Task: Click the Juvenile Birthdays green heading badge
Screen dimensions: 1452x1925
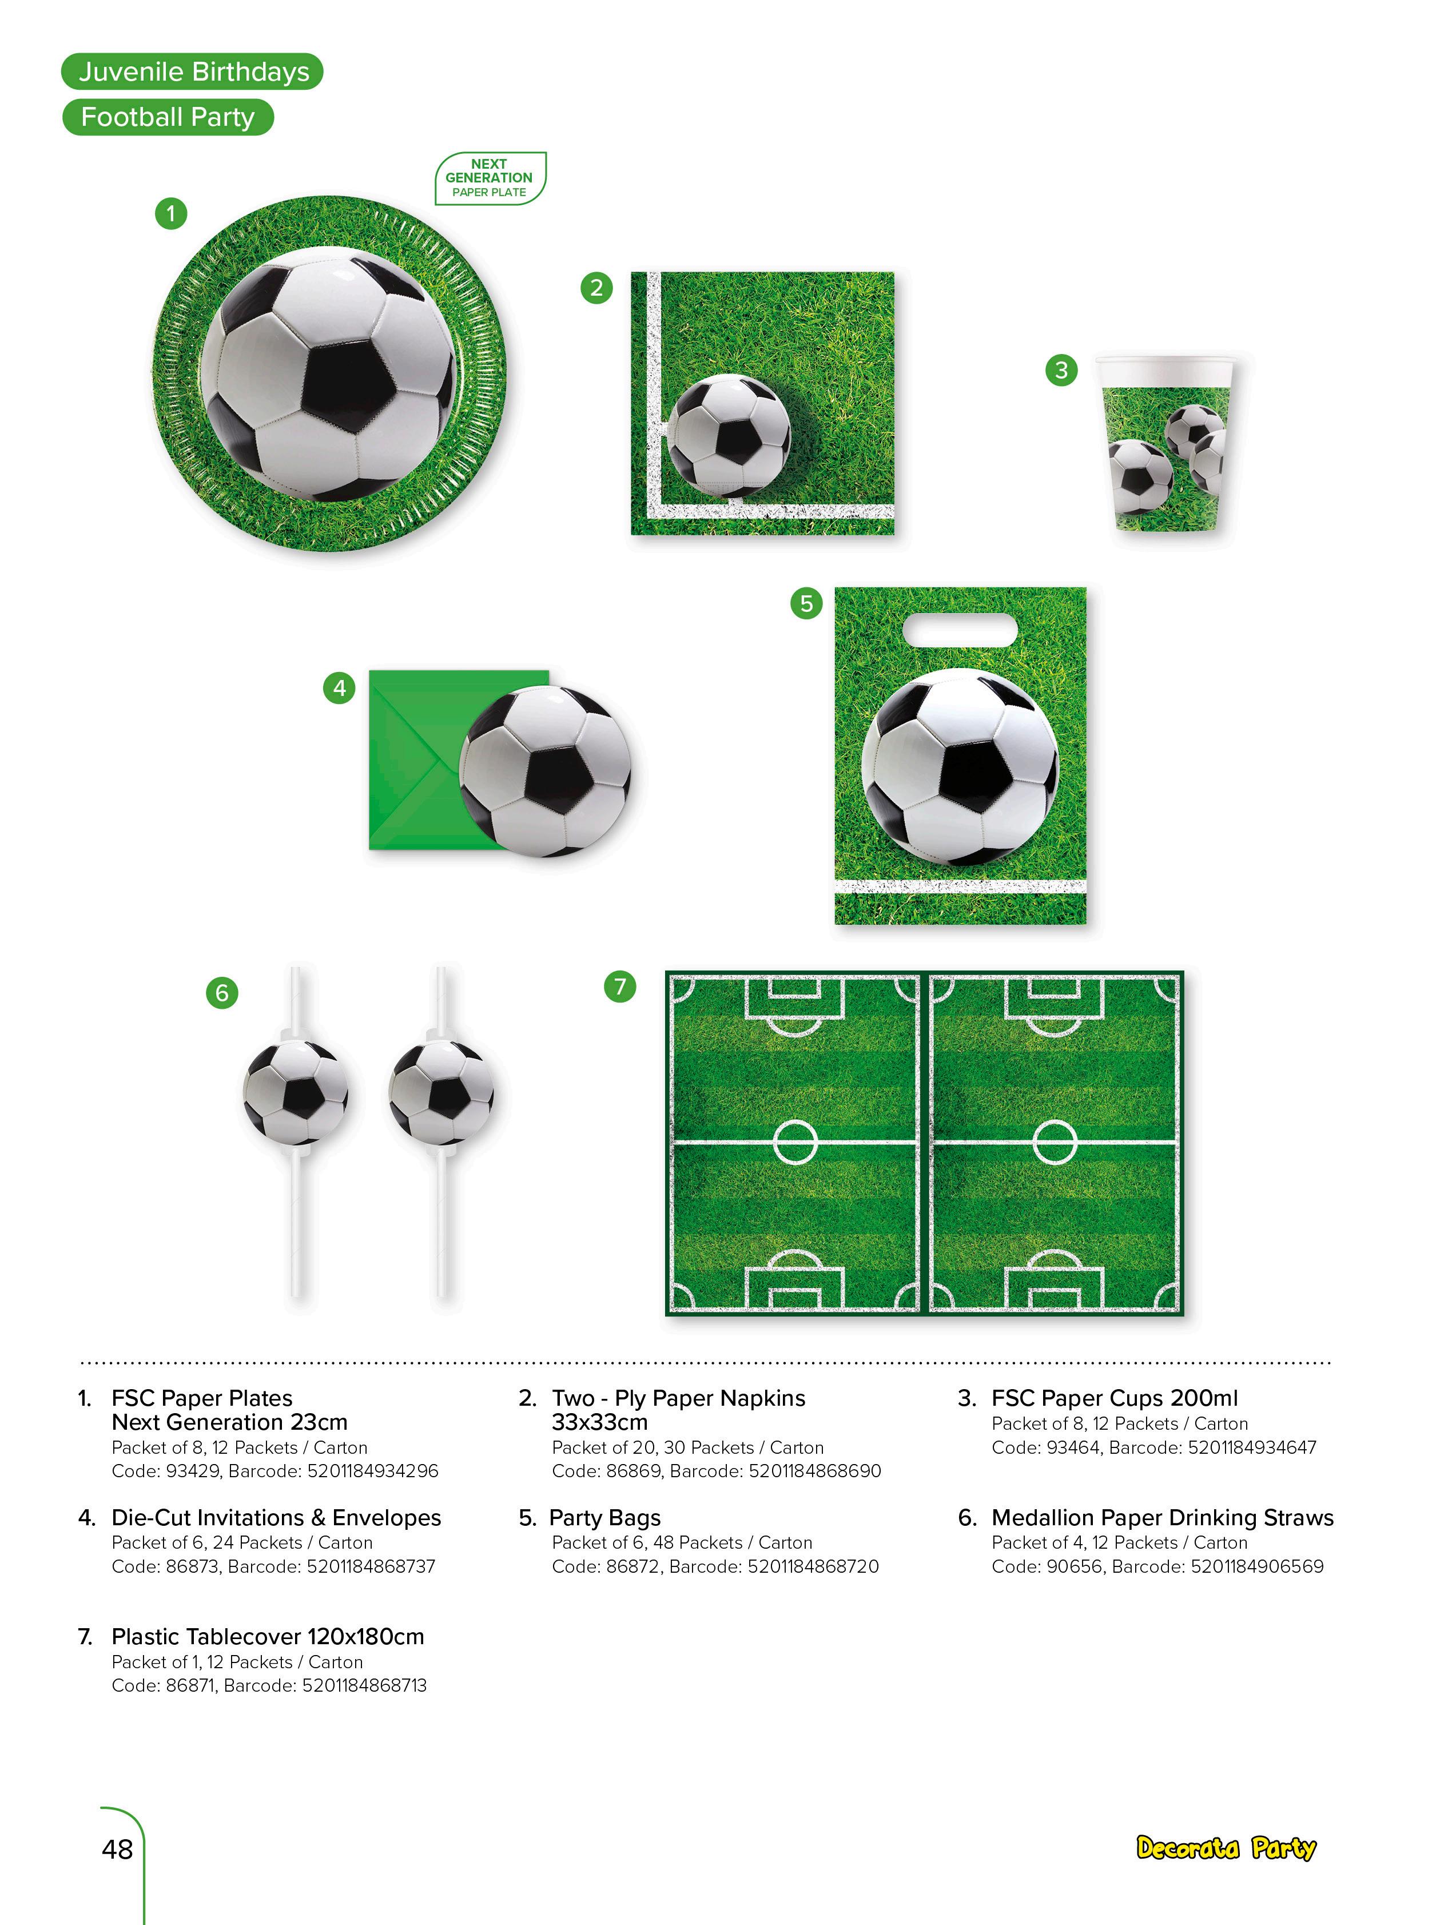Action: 192,71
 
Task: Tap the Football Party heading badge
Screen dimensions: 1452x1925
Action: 168,117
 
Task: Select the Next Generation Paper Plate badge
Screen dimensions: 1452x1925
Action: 490,177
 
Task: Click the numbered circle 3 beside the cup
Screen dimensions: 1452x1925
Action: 1060,370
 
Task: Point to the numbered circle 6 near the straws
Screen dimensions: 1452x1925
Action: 222,993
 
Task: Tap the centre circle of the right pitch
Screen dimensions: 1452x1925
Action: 1055,1141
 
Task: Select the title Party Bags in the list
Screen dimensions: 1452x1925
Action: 604,1518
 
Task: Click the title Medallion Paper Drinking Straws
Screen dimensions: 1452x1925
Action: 1162,1518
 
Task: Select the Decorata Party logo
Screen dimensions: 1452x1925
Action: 1226,1848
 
